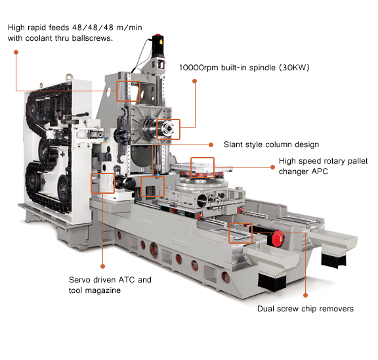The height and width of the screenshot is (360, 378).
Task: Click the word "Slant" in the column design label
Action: pyautogui.click(x=233, y=145)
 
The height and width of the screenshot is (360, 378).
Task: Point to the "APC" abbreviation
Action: pyautogui.click(x=320, y=171)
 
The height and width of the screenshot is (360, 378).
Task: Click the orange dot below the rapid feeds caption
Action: pyautogui.click(x=16, y=52)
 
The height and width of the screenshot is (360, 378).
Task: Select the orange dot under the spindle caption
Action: pyautogui.click(x=194, y=81)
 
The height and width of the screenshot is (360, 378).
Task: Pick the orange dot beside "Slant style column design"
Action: pyautogui.click(x=211, y=145)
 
